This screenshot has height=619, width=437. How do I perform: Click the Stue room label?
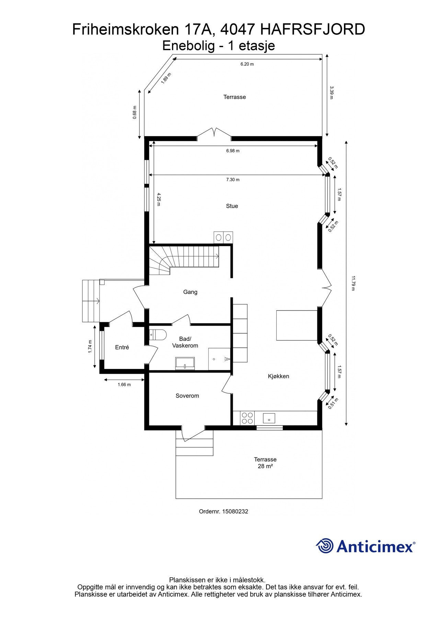[x=232, y=206]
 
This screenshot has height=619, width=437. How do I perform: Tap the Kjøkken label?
[x=278, y=376]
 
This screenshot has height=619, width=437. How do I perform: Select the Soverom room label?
[x=187, y=396]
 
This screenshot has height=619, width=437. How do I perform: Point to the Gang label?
[x=190, y=292]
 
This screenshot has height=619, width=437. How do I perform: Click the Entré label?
[x=122, y=347]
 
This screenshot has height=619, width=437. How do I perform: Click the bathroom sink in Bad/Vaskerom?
[x=185, y=363]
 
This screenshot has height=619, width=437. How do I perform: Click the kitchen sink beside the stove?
[x=269, y=418]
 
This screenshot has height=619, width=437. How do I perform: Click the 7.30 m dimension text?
[x=233, y=180]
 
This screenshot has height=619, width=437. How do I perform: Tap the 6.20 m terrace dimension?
[x=247, y=64]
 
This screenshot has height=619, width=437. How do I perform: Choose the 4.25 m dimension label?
[x=159, y=199]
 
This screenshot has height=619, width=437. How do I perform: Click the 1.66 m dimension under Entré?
[x=124, y=384]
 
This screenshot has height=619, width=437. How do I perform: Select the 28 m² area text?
[x=265, y=466]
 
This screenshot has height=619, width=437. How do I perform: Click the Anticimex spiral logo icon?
[x=325, y=546]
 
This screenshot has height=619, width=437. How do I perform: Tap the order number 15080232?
[x=235, y=511]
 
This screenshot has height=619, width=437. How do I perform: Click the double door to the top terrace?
[x=214, y=134]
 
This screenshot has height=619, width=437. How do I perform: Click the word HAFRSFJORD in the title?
[x=313, y=30]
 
